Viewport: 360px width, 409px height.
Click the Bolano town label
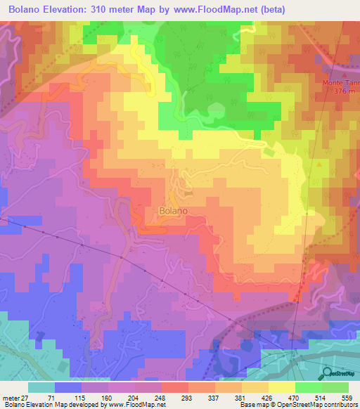[173, 210]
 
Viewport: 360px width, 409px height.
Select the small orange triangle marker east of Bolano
[321, 164]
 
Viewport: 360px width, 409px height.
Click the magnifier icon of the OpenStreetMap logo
[328, 374]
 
